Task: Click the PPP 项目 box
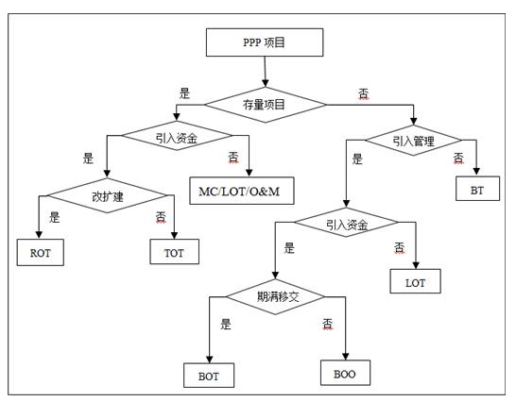265,42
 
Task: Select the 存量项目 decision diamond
266,105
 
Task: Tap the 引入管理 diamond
413,141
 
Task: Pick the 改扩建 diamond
108,195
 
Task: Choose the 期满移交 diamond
276,297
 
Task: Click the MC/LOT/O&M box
242,191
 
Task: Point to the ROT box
41,253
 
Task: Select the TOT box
175,252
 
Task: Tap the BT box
477,189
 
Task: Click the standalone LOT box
415,281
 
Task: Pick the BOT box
209,376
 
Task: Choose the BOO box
345,373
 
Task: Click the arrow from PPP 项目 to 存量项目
265,72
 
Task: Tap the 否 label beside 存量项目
364,94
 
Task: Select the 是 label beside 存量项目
184,93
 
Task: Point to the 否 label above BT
458,159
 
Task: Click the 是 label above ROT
55,217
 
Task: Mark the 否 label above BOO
327,324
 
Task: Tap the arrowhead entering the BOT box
209,360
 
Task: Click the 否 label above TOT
161,217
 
